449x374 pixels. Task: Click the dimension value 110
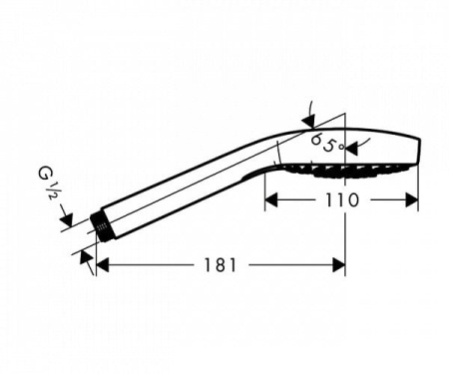tap(342, 200)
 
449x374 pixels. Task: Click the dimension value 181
tap(220, 265)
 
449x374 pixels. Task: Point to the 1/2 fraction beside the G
tap(50, 190)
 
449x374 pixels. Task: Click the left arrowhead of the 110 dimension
tap(271, 200)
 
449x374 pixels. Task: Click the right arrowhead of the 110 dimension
tap(412, 200)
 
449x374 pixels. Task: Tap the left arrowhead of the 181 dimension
tap(103, 265)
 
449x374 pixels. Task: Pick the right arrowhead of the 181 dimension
tap(339, 265)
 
